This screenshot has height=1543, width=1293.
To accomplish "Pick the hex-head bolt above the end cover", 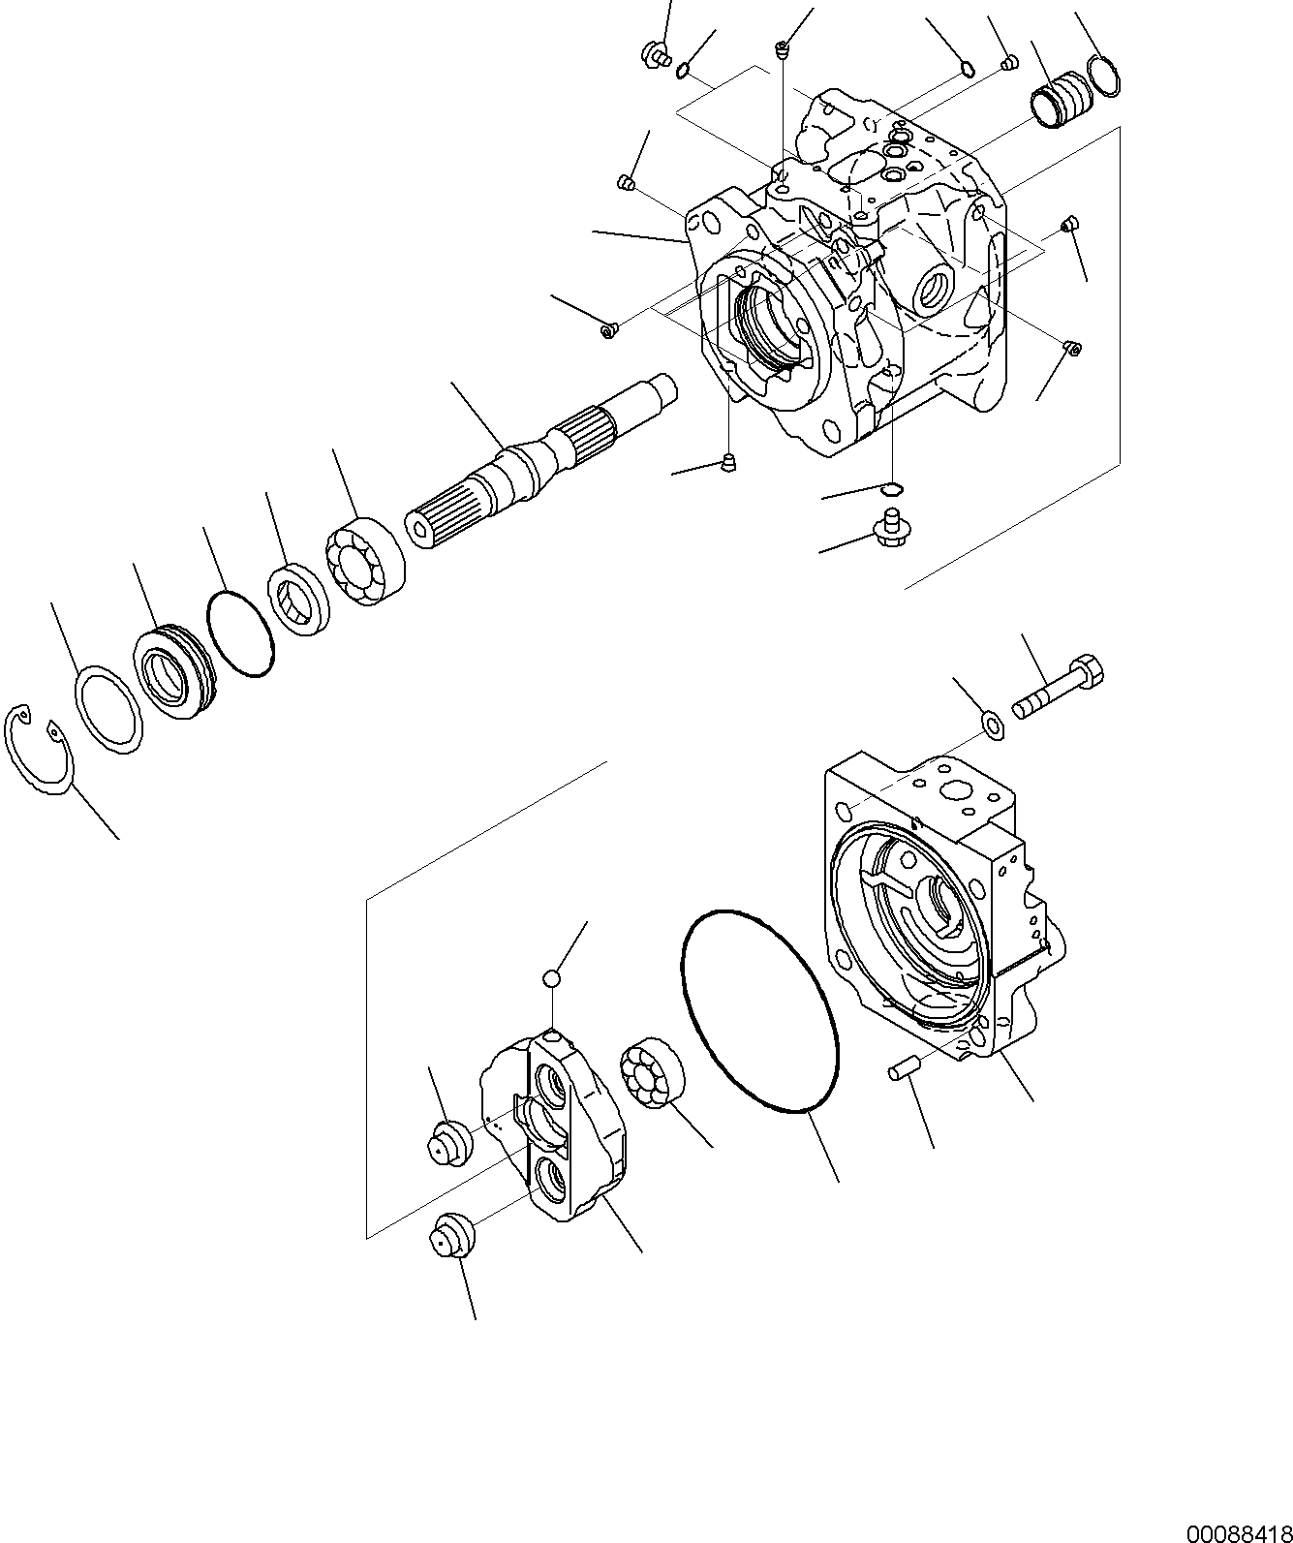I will [x=1061, y=689].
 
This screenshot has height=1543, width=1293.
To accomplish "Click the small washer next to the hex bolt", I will [x=992, y=724].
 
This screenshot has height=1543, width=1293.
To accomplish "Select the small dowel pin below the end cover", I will [x=903, y=1068].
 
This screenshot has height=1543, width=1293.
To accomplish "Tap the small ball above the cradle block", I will [x=551, y=979].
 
